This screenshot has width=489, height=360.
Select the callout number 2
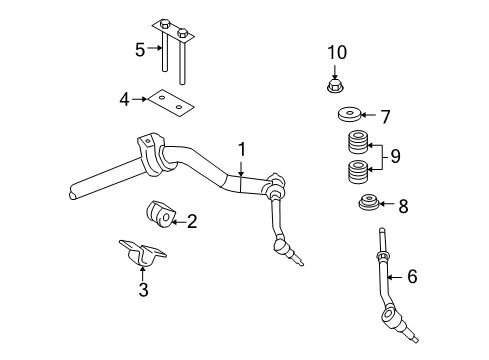point(191,221)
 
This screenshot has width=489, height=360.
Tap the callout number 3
point(143,290)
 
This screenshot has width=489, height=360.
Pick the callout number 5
point(140,47)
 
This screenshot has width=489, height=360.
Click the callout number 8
point(402,207)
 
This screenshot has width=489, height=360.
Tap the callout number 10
point(336,51)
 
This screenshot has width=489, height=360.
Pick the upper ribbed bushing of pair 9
point(354,142)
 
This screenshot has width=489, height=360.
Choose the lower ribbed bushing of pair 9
point(354,172)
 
